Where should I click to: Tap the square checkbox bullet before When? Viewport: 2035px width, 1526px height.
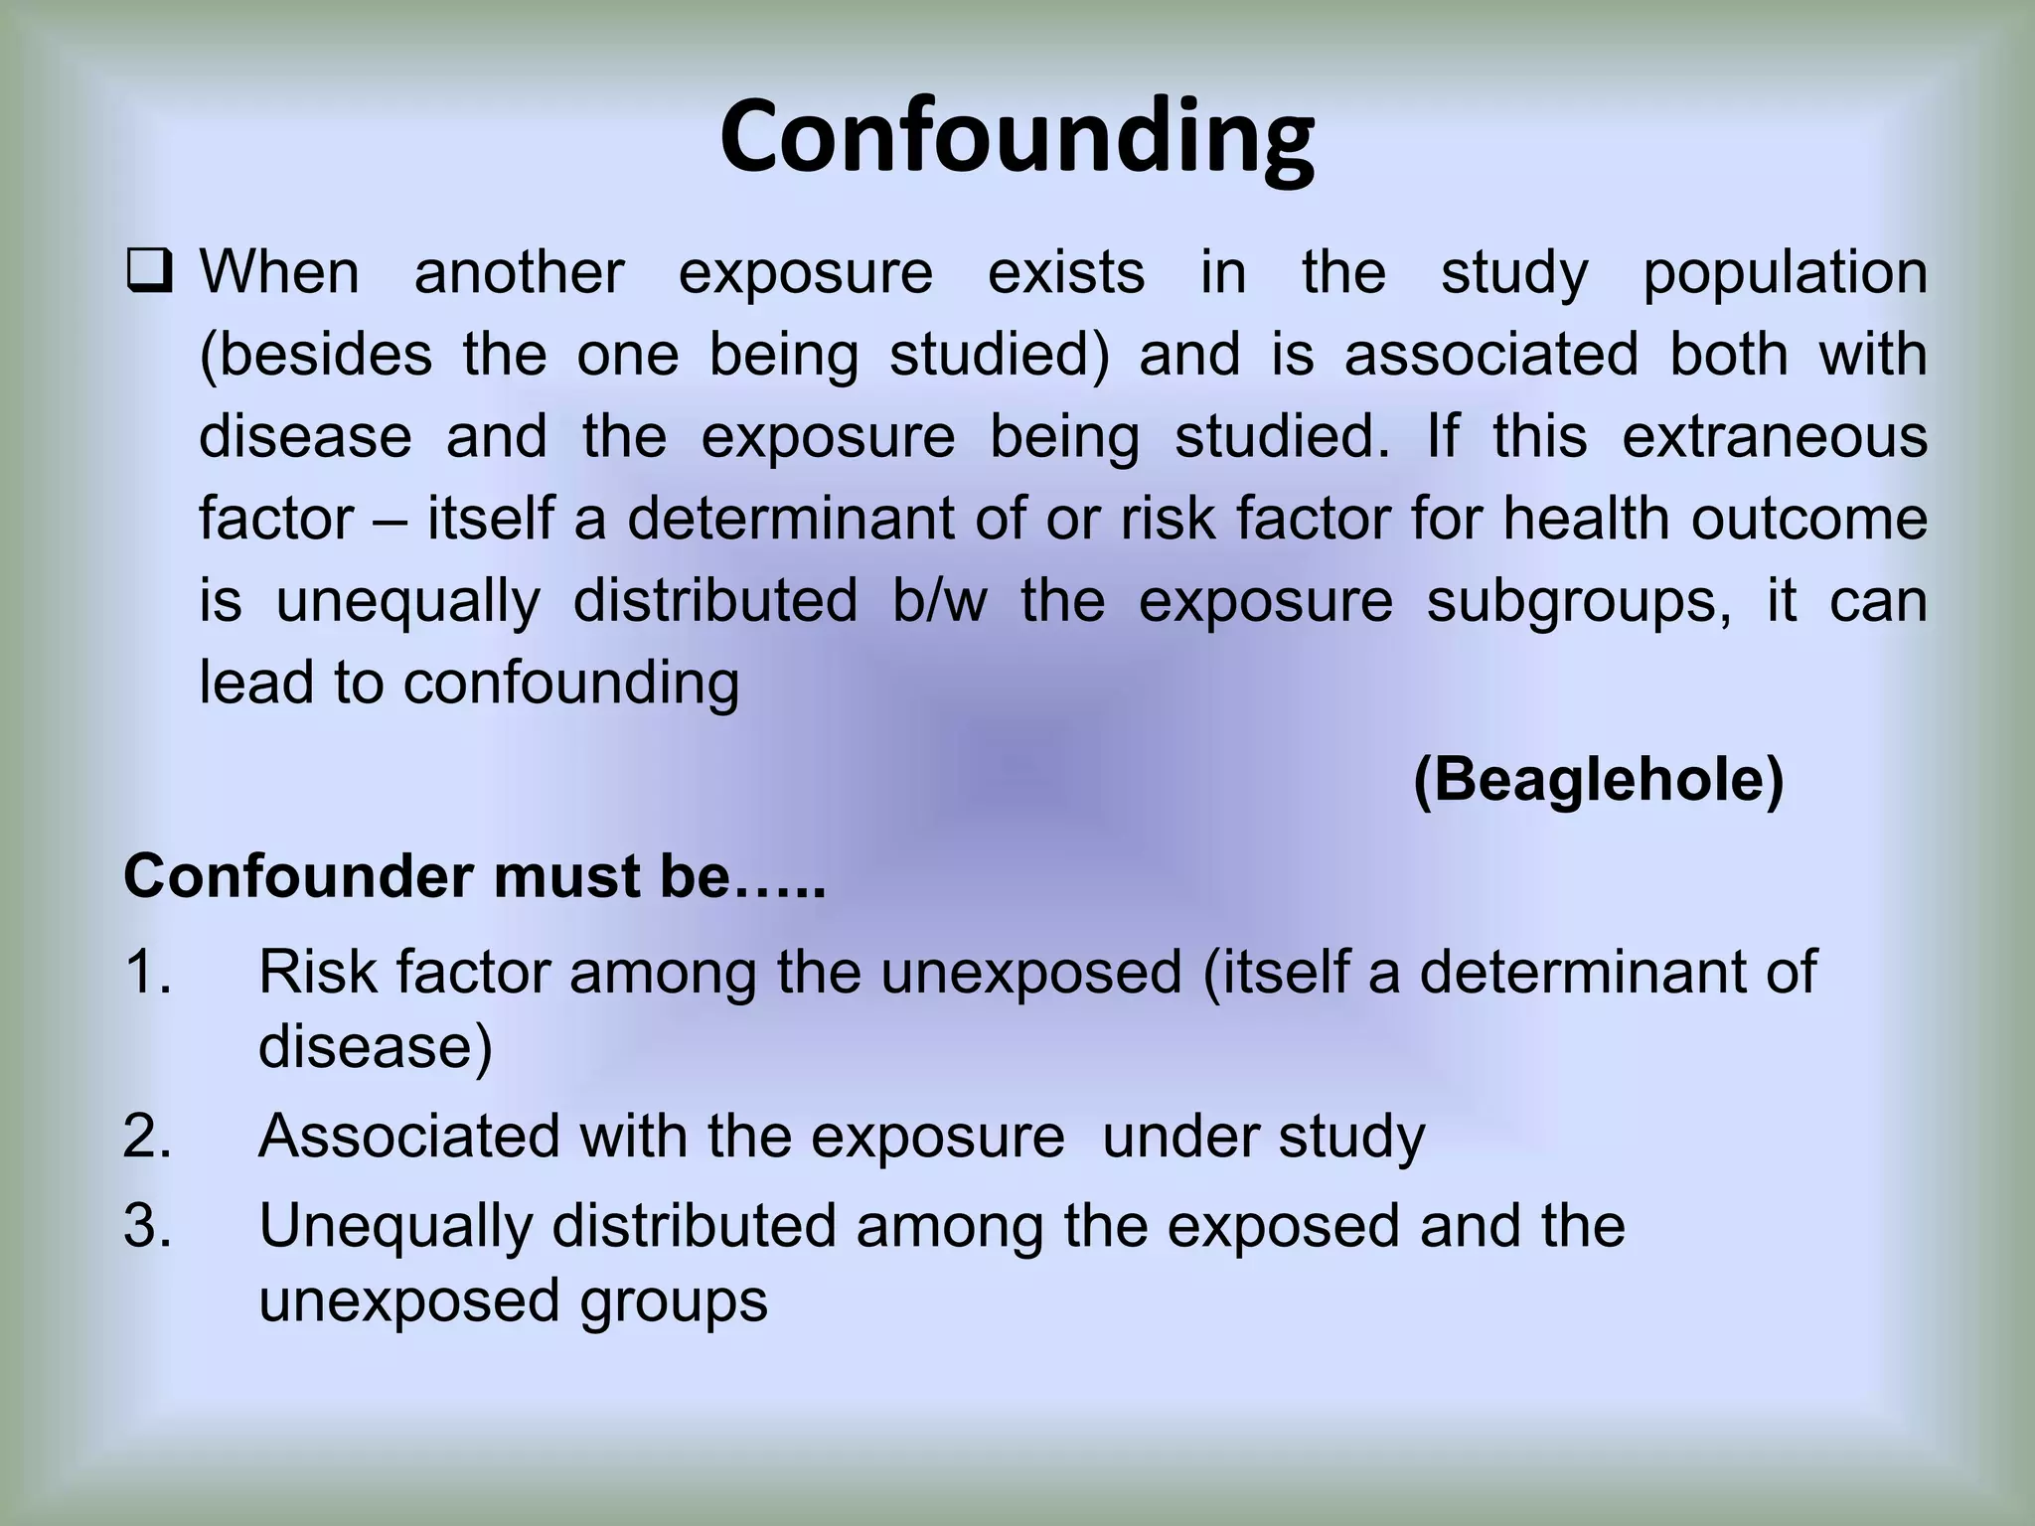pyautogui.click(x=148, y=272)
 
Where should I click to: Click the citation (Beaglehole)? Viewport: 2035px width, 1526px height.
pyautogui.click(x=1598, y=780)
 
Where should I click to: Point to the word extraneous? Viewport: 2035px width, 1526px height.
pyautogui.click(x=1775, y=437)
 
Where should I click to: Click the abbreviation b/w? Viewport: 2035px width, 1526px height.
pyautogui.click(x=939, y=601)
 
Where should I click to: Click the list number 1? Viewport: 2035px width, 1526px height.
pyautogui.click(x=147, y=972)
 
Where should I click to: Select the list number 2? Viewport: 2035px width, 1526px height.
pyautogui.click(x=147, y=1136)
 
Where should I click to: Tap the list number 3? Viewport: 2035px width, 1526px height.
pyautogui.click(x=147, y=1225)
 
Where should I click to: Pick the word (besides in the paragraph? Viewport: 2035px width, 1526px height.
pyautogui.click(x=316, y=356)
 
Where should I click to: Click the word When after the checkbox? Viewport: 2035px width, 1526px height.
pyautogui.click(x=279, y=272)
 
